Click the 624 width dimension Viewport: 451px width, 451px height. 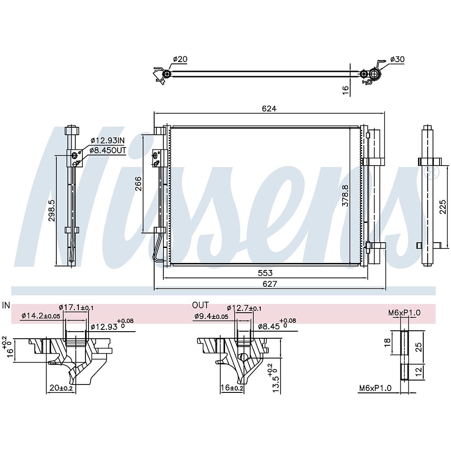(269, 108)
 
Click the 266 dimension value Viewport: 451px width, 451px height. (138, 183)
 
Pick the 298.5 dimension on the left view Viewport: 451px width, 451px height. (52, 211)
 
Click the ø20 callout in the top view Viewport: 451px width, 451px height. (180, 59)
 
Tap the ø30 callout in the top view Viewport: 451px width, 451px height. (397, 59)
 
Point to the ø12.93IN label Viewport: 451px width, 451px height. (108, 140)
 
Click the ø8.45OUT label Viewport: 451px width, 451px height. (108, 151)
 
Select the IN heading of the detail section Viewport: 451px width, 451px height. (6, 305)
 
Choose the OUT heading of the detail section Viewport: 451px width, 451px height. (200, 305)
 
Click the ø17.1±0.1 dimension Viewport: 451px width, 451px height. (76, 308)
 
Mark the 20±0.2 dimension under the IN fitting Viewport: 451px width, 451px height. (61, 388)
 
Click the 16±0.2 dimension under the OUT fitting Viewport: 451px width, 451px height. (232, 388)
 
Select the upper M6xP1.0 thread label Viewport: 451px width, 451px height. (404, 313)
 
